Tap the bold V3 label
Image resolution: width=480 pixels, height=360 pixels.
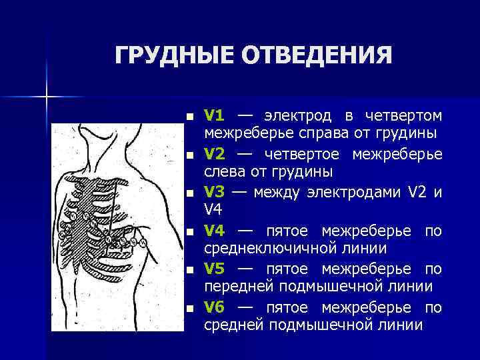click(x=214, y=193)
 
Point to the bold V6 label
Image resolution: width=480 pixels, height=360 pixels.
click(x=214, y=308)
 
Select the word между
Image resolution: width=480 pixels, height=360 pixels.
click(x=277, y=193)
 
